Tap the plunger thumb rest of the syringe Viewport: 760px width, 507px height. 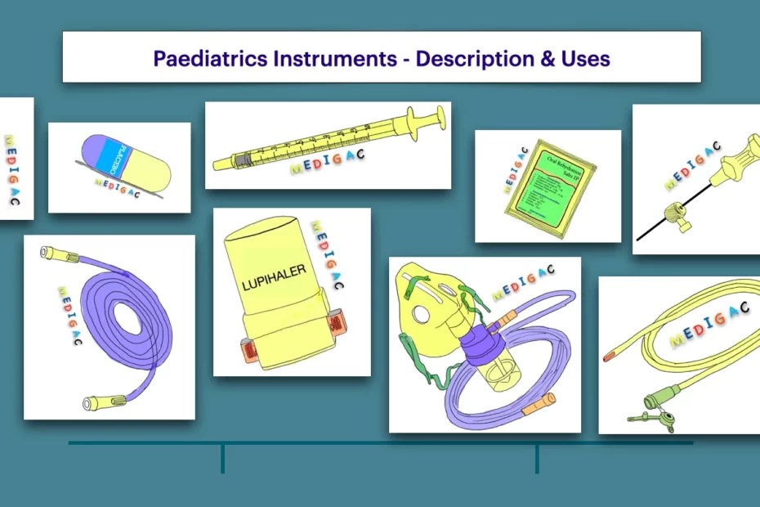pyautogui.click(x=441, y=116)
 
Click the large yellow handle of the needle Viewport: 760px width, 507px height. pyautogui.click(x=728, y=163)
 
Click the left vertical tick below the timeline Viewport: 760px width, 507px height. pyautogui.click(x=222, y=459)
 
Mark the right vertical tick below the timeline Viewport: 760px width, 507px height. pyautogui.click(x=537, y=459)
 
